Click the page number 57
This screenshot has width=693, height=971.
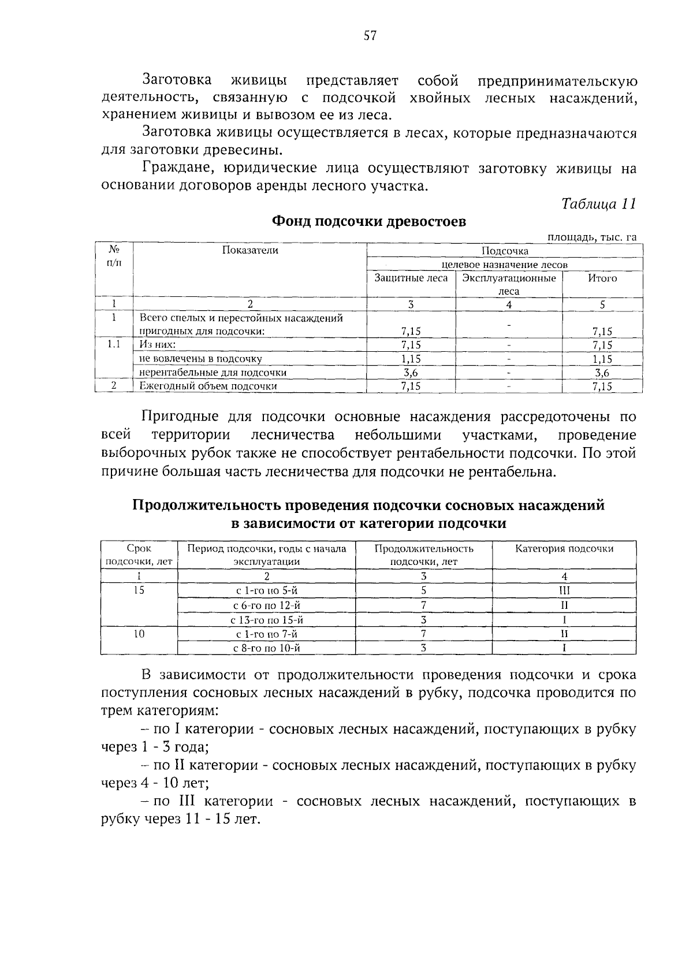pyautogui.click(x=370, y=36)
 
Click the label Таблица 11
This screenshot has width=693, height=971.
pyautogui.click(x=598, y=204)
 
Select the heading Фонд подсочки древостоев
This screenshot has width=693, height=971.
pyautogui.click(x=369, y=222)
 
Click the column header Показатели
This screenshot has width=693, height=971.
pyautogui.click(x=249, y=250)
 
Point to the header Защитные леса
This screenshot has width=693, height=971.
pyautogui.click(x=411, y=278)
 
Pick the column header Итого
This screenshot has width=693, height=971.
pyautogui.click(x=602, y=278)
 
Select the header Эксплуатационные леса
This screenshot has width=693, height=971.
pyautogui.click(x=509, y=285)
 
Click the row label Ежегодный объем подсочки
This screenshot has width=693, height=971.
pyautogui.click(x=208, y=386)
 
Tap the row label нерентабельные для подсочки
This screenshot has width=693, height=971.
pyautogui.click(x=213, y=373)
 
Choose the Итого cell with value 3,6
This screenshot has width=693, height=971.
pyautogui.click(x=602, y=373)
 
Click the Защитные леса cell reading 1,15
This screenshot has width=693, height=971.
pyautogui.click(x=411, y=359)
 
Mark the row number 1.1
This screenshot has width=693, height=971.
pyautogui.click(x=114, y=345)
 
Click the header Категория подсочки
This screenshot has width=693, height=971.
pyautogui.click(x=564, y=549)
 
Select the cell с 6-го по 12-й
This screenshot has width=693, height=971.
pyautogui.click(x=266, y=605)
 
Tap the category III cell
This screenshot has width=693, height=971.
pyautogui.click(x=564, y=591)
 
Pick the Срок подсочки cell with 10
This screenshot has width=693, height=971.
pyautogui.click(x=139, y=634)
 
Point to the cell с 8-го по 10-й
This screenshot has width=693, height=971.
pyautogui.click(x=266, y=648)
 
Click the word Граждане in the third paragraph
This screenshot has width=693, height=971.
pyautogui.click(x=172, y=169)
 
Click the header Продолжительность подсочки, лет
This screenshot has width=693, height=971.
pyautogui.click(x=423, y=555)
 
